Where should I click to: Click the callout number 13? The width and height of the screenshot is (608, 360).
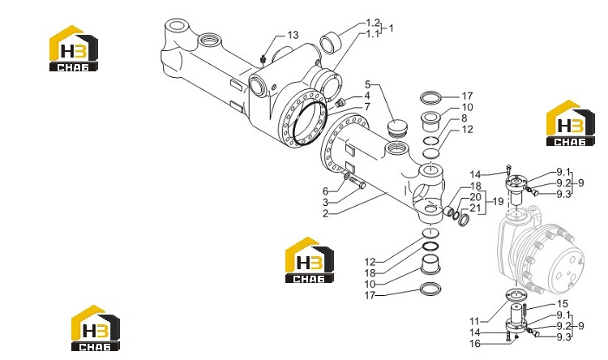click(293, 36)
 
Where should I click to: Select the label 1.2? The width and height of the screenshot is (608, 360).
click(373, 23)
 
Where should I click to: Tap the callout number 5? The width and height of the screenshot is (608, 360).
click(367, 84)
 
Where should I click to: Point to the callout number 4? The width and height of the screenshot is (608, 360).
click(366, 96)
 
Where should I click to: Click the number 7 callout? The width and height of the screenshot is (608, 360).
click(367, 107)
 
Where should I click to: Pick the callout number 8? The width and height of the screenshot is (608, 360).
click(465, 118)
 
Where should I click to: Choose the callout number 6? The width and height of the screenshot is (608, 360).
click(325, 191)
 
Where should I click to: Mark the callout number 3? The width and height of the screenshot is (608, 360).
click(325, 202)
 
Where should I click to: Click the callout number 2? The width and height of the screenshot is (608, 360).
click(325, 213)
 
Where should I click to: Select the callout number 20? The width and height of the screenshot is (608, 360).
click(475, 197)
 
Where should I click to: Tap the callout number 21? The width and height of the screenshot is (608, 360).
click(475, 208)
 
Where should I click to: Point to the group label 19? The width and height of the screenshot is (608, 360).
click(498, 201)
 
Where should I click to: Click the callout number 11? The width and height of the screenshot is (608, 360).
click(474, 322)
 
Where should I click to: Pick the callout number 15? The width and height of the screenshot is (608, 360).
click(563, 304)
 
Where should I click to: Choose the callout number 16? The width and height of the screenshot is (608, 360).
click(475, 344)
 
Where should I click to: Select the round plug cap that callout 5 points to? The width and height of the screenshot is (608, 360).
click(398, 127)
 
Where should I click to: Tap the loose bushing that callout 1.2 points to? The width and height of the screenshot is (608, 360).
click(331, 43)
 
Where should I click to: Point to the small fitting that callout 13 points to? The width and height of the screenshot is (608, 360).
click(263, 59)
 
